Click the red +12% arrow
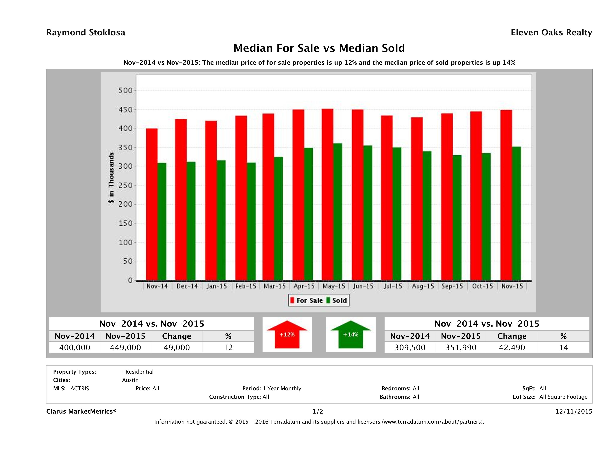tap(287, 335)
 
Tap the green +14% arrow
tap(351, 335)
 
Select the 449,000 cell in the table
tap(125, 347)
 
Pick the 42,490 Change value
tap(512, 347)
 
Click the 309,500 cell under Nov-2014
tap(410, 347)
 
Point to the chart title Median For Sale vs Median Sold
tap(319, 48)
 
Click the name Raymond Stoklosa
tap(86, 33)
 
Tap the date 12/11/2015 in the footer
tap(574, 411)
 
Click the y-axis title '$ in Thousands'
tap(111, 178)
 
